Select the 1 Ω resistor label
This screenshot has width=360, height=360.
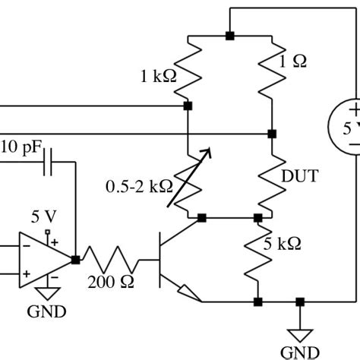(x=292, y=64)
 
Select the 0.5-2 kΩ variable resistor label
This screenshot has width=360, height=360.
(x=138, y=185)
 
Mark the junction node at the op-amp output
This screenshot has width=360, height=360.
(x=75, y=260)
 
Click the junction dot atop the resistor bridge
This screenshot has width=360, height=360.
(x=229, y=36)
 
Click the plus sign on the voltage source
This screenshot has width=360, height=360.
(x=355, y=111)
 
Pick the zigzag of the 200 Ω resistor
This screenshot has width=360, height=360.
(x=112, y=260)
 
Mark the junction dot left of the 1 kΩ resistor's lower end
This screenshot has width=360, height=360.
(x=188, y=106)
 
